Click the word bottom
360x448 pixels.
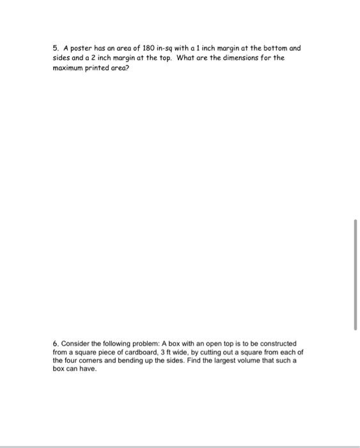[x=271, y=48]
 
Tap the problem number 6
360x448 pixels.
[x=55, y=344]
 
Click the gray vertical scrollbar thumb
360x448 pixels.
[x=356, y=274]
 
